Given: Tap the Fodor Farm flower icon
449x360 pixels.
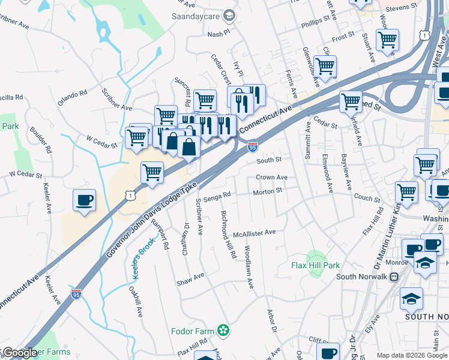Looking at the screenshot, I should tap(224, 329).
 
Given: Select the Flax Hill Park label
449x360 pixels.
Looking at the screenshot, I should tap(315, 265).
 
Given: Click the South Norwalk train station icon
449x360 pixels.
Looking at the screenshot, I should tap(394, 277).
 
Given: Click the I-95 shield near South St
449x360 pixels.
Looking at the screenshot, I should tap(253, 147).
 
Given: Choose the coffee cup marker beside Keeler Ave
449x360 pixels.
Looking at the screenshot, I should tap(84, 199).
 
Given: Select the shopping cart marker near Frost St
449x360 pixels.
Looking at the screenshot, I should tap(387, 40).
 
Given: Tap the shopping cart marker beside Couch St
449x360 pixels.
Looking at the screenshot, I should tap(406, 193).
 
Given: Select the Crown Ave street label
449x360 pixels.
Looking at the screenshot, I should tap(271, 178).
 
